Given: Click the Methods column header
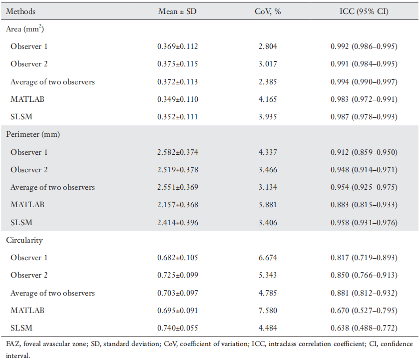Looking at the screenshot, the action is [x=20, y=11].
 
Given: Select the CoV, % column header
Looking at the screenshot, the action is [x=268, y=11].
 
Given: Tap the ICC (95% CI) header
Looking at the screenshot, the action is [x=364, y=11].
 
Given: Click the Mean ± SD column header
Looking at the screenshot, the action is [x=177, y=11].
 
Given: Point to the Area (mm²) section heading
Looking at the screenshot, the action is [x=25, y=28].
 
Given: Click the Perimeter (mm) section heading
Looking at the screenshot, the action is [x=33, y=134].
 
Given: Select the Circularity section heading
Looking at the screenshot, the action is [x=24, y=240].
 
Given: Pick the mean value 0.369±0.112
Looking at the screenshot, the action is [x=178, y=46].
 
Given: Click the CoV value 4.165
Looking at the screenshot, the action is [x=268, y=99].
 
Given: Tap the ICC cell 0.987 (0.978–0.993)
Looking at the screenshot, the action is [x=364, y=117].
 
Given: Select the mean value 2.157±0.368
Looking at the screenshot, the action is [x=178, y=205].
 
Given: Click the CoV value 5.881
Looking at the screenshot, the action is [x=268, y=205].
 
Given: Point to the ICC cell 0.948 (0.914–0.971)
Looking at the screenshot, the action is [x=364, y=170].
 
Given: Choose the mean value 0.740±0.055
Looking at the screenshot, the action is [x=178, y=328].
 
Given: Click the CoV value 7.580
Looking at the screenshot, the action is [x=268, y=311].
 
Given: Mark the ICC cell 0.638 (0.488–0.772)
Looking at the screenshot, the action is [x=364, y=328].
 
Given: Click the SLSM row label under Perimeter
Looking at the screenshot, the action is [x=21, y=222].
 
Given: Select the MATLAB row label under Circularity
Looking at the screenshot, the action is [x=27, y=311].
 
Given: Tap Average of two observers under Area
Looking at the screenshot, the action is [x=52, y=82].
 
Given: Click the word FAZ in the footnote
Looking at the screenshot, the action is [x=13, y=344].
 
